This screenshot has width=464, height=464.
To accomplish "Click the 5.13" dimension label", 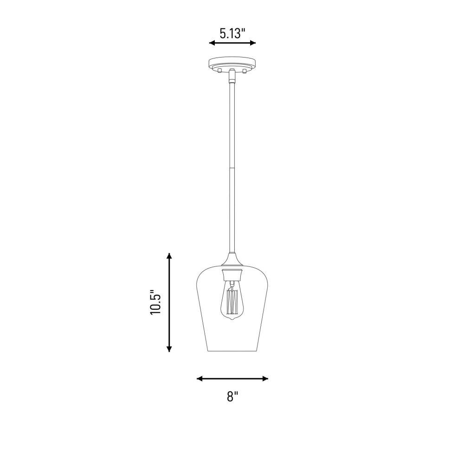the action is coord(232,33).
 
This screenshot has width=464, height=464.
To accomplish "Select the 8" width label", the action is coord(232,397).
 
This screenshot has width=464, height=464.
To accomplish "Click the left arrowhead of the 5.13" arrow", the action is coord(212,43).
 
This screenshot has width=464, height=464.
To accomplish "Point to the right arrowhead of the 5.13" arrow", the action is coord(253,43).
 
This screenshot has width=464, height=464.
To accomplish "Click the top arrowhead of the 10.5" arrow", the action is coord(169,256).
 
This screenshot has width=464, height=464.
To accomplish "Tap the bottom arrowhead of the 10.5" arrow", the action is coord(169,348).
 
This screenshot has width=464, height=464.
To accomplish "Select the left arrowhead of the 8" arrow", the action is coord(200,379).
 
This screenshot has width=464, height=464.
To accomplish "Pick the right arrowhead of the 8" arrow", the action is coord(265,379).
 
